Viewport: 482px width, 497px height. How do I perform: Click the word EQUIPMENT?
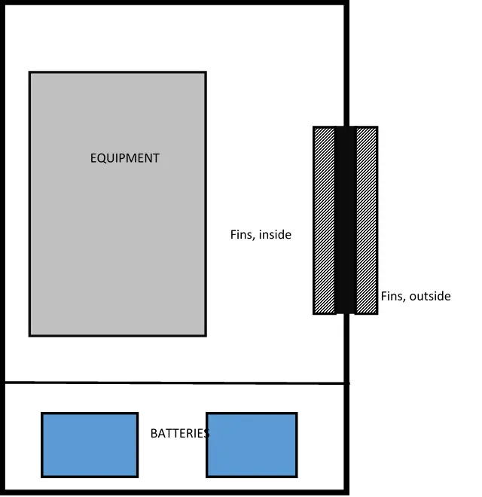(x=125, y=158)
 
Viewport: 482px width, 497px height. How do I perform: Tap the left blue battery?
(x=90, y=444)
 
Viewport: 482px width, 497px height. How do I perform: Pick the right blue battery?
(x=252, y=444)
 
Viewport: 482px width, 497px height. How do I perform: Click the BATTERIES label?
(x=179, y=434)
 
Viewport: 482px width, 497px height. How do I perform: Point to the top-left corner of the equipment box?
(x=30, y=73)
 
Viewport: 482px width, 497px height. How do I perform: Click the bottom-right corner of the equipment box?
(x=206, y=334)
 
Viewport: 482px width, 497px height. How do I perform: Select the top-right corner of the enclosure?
(x=346, y=4)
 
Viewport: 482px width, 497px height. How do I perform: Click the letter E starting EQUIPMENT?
(x=93, y=158)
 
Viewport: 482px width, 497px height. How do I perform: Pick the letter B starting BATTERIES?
(x=154, y=434)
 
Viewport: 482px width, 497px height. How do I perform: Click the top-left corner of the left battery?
(x=42, y=413)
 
